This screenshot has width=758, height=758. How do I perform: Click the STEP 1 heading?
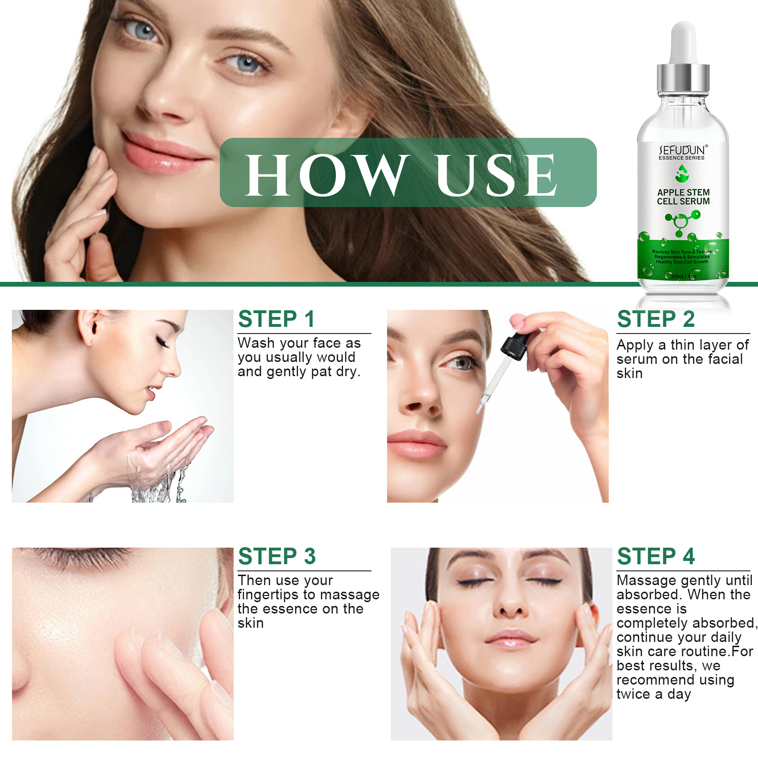tap(276, 319)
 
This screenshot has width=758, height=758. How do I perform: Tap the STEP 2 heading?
tap(656, 319)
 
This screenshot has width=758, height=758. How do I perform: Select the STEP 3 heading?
tap(277, 556)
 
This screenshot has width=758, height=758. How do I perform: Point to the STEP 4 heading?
tap(656, 556)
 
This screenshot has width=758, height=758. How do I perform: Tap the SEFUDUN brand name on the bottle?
tap(683, 150)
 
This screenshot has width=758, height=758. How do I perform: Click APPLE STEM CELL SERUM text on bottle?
tap(683, 197)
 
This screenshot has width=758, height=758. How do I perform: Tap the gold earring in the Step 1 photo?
tap(91, 342)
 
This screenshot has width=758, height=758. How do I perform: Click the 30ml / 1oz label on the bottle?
tap(683, 276)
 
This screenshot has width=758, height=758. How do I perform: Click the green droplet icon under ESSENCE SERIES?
tap(682, 174)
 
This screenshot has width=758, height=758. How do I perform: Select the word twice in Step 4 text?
tap(633, 694)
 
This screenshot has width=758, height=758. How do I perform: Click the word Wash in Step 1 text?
tap(256, 343)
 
